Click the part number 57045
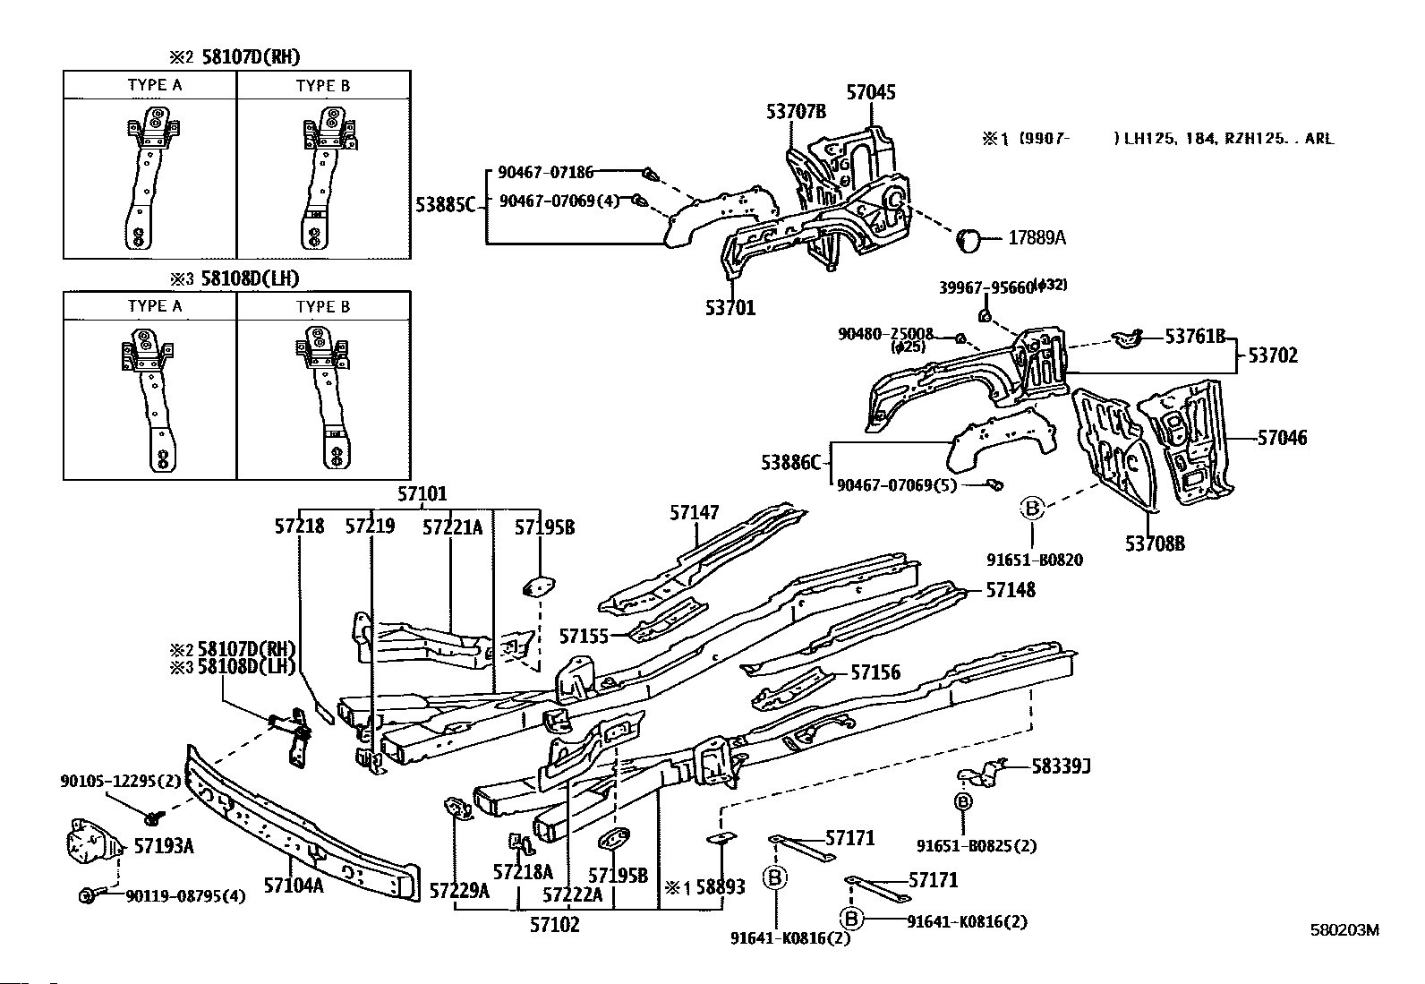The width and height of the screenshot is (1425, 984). pos(870,92)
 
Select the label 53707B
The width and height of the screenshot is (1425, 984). pos(796,112)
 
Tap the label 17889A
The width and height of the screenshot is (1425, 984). pos(1037,237)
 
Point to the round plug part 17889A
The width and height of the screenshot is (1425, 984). pos(968,241)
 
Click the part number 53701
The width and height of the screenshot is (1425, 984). pos(730,308)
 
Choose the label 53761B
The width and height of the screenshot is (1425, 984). pos(1195,336)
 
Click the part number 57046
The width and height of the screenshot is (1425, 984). pos(1282,438)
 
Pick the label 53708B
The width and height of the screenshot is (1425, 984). pos(1155,543)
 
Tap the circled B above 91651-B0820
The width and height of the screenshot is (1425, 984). pos(1032,508)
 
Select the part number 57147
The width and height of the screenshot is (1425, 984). pos(694,512)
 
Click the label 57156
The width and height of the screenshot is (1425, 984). pos(875,672)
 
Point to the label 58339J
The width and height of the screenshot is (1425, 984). pos(1061,766)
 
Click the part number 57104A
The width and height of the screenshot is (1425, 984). pos(294,886)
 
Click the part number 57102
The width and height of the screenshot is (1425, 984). pos(555,925)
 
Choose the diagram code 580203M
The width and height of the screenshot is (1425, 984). pos(1344,930)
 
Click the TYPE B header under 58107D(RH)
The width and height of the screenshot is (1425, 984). pos(322,85)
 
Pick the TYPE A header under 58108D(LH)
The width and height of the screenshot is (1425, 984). pos(155,306)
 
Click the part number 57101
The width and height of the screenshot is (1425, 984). pos(422,494)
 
